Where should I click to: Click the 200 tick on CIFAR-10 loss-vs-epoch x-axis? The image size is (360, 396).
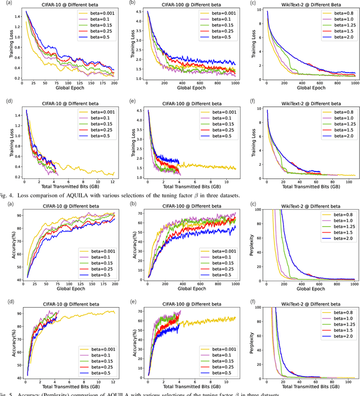click(113, 84)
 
